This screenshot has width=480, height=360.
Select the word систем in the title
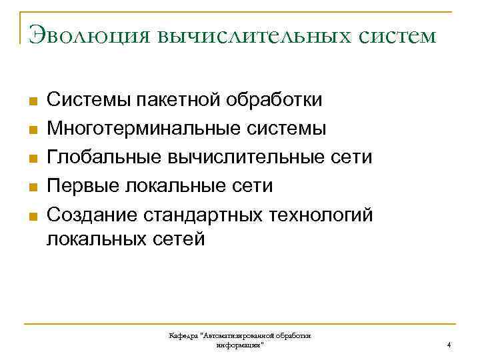pyautogui.click(x=399, y=35)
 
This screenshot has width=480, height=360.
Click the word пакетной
pyautogui.click(x=178, y=100)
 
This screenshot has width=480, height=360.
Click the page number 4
pyautogui.click(x=449, y=345)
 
